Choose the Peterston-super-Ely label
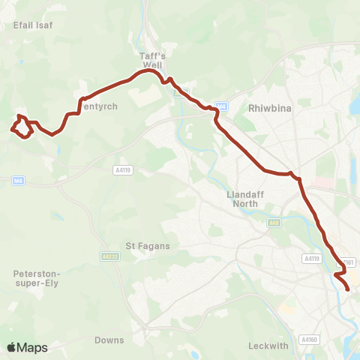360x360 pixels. click(x=42, y=279)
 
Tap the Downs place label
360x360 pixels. click(x=109, y=340)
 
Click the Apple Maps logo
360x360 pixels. click(x=28, y=347)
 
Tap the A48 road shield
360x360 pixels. click(x=274, y=222)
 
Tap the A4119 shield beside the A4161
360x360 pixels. click(x=312, y=258)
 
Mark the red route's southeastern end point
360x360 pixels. click(x=348, y=289)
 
